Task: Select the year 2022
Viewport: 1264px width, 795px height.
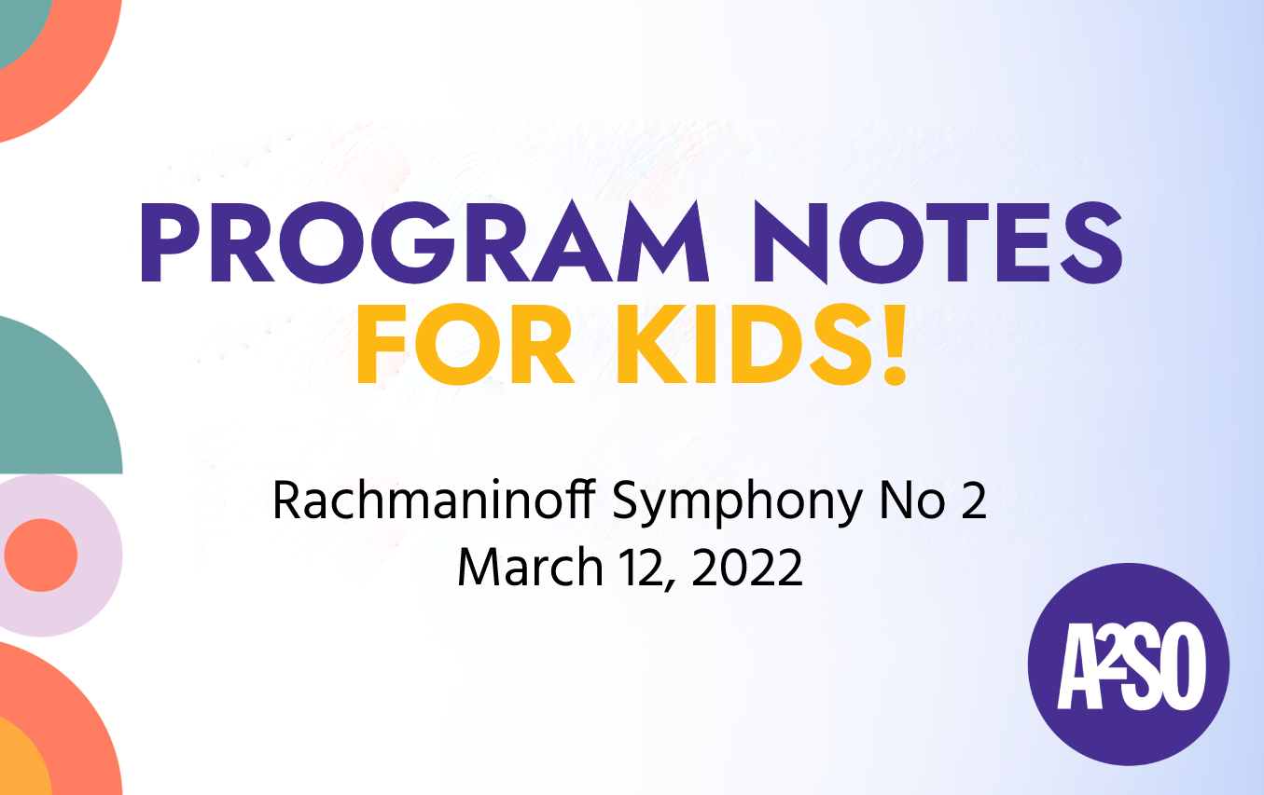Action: pyautogui.click(x=746, y=567)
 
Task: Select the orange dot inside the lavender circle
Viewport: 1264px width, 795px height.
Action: pyautogui.click(x=40, y=555)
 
